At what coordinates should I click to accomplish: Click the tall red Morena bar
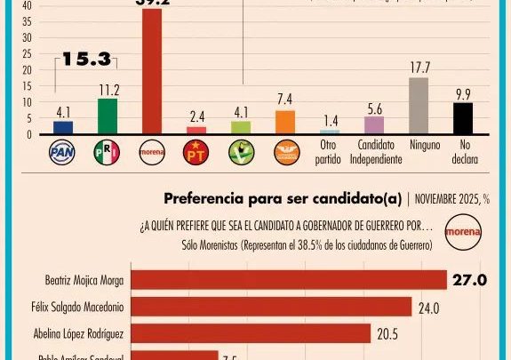[152, 71]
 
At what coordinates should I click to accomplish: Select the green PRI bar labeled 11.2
[107, 116]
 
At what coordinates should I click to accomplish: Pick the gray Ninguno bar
[418, 106]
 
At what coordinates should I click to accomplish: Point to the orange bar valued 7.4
[284, 122]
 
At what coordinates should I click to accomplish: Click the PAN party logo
[62, 152]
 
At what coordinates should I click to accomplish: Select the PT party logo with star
[196, 152]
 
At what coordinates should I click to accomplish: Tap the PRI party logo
[107, 152]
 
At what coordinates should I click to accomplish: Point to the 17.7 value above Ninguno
[419, 68]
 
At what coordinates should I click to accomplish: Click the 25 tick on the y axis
[26, 53]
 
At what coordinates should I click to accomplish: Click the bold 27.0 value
[469, 280]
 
